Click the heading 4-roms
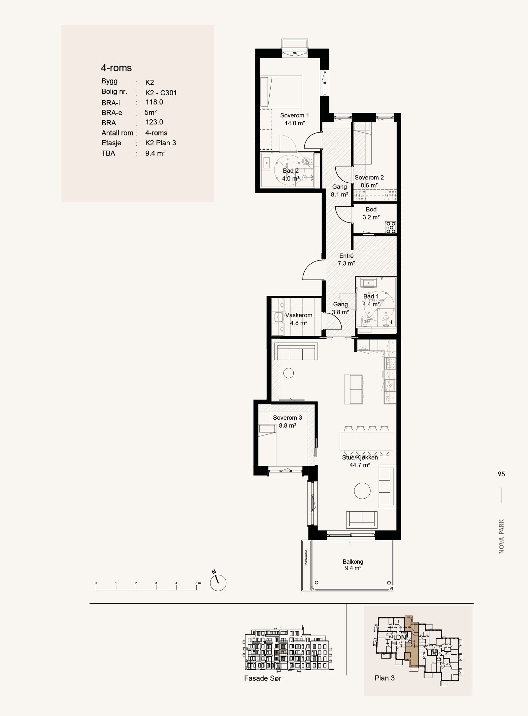116,68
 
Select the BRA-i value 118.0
154,102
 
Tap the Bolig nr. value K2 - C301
161,93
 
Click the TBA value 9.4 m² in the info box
155,153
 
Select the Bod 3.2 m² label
371,213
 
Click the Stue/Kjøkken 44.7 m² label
360,461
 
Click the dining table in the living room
366,441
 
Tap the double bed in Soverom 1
281,92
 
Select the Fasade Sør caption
263,678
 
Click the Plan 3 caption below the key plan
384,678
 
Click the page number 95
501,474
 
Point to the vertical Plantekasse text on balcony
306,557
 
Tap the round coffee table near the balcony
362,491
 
